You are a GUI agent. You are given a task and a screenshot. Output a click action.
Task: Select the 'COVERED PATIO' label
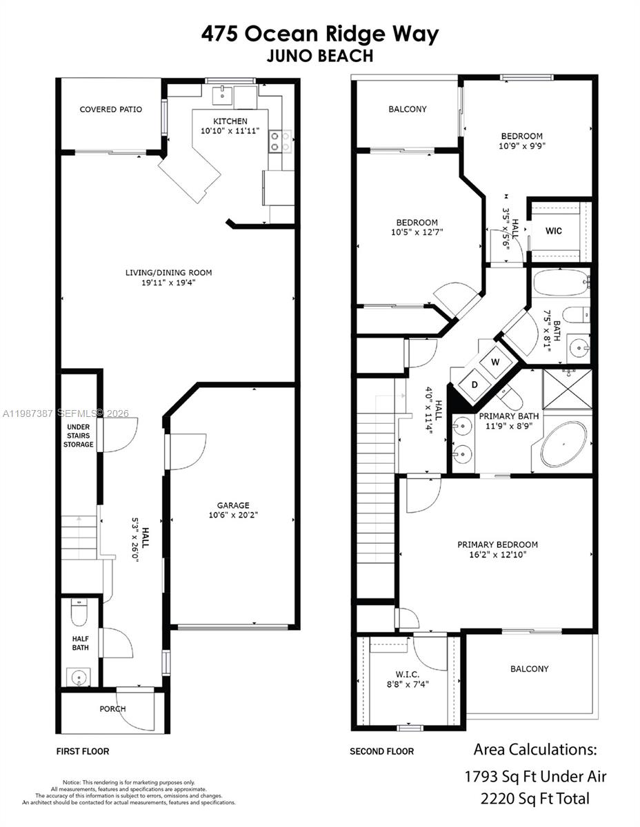point(111,110)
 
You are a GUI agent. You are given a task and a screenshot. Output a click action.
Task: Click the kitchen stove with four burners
point(280,141)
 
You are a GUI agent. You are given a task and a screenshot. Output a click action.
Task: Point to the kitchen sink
point(222,96)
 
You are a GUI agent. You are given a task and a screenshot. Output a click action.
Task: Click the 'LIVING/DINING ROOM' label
point(168,273)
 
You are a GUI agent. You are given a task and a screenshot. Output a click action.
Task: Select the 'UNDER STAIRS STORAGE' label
point(79,436)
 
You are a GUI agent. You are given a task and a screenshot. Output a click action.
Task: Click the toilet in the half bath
point(80,612)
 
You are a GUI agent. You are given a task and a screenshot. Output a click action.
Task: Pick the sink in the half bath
point(79,677)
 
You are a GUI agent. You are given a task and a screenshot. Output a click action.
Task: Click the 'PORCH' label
point(113,708)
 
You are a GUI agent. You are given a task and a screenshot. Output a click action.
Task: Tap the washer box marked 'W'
point(495,360)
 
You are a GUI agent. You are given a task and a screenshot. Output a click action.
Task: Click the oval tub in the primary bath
point(563,445)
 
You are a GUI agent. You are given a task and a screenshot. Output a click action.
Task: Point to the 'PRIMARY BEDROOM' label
point(497,544)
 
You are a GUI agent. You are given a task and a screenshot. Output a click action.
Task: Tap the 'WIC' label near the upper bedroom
point(553,231)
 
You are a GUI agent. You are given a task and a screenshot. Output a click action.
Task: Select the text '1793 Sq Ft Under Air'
point(536,776)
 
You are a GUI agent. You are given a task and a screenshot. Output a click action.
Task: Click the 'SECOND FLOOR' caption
point(381,751)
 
